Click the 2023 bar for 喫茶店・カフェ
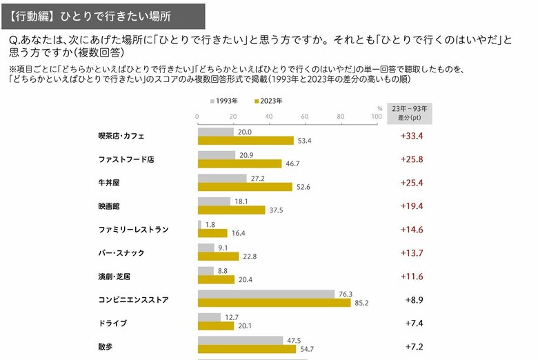245,141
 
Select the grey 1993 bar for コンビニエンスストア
266,294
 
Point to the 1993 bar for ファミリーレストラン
199,224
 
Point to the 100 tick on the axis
376,116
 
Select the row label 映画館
110,206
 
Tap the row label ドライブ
112,323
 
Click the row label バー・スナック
121,253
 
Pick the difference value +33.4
411,136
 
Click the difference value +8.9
414,300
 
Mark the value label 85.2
361,303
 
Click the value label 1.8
210,224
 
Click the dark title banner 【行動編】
102,14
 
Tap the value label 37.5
276,210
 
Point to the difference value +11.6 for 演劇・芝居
411,277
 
